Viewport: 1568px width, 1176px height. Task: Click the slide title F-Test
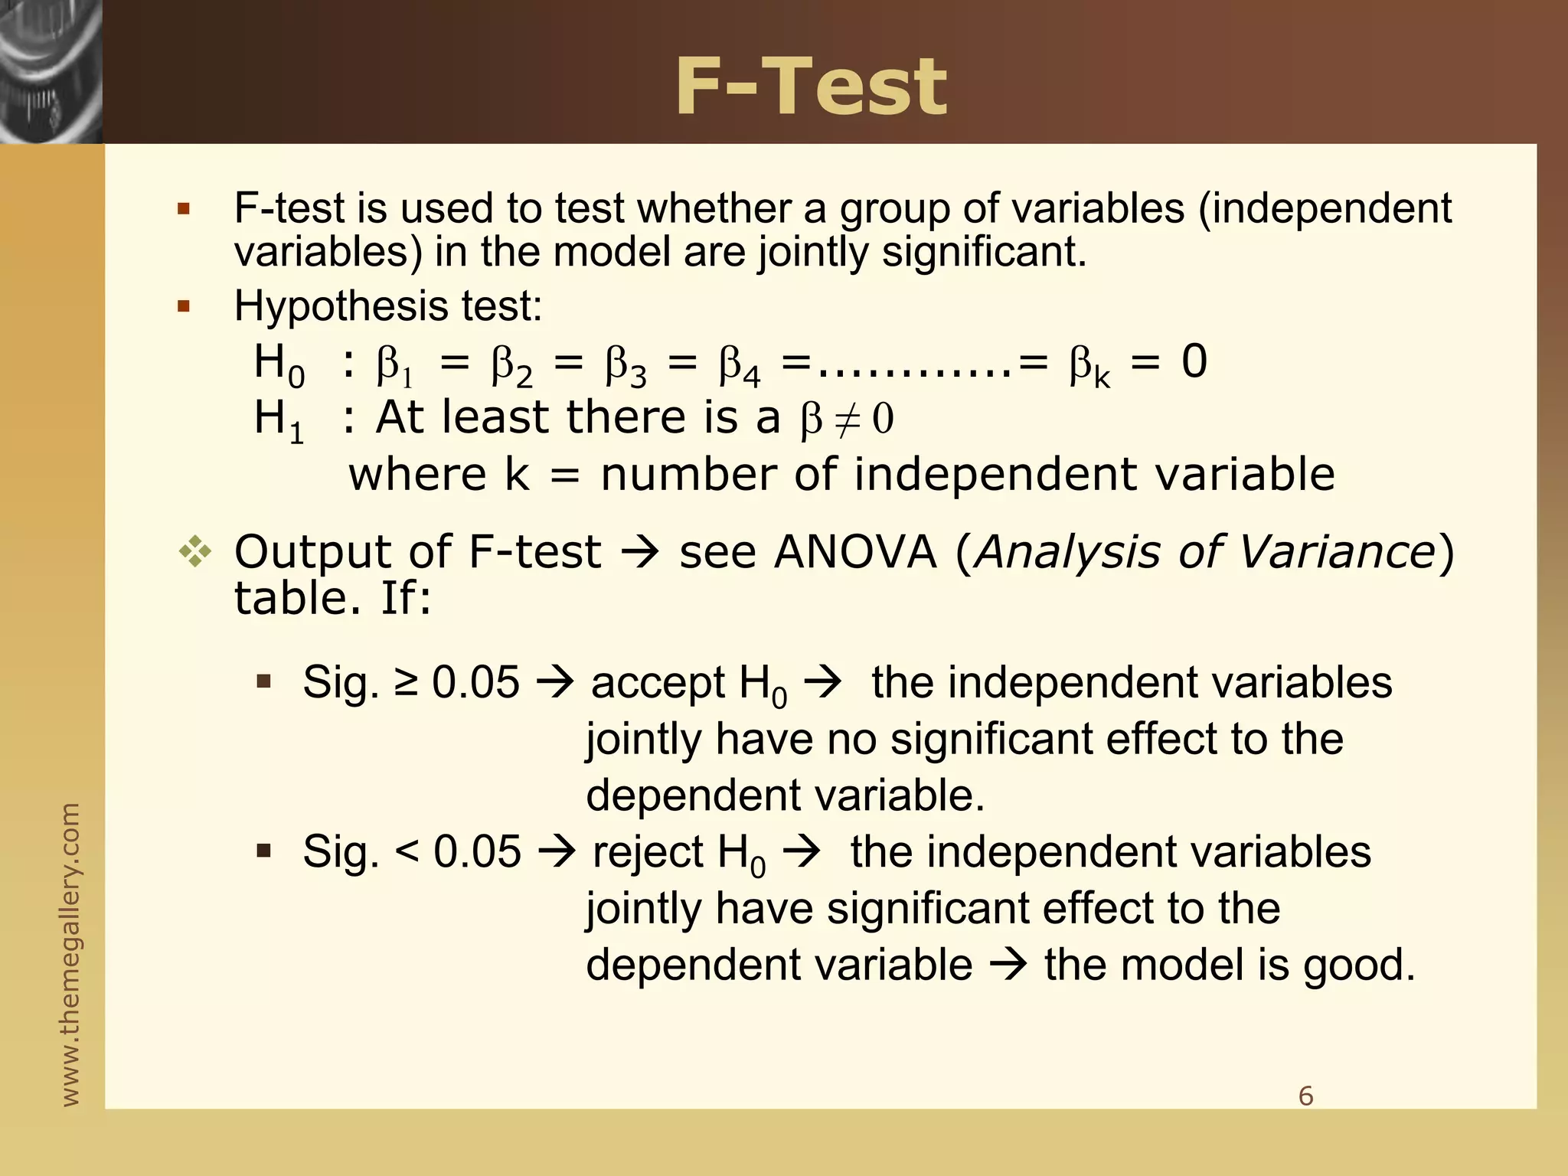[x=811, y=88]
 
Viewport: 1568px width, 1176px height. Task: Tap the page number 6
[x=1306, y=1096]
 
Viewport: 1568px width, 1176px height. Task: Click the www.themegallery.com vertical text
[x=70, y=954]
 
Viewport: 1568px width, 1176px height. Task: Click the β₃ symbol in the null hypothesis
[x=626, y=365]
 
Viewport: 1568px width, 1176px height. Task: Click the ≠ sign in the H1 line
[x=846, y=420]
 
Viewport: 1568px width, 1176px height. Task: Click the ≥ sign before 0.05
[x=407, y=682]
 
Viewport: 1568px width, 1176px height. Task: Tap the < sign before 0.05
[x=407, y=852]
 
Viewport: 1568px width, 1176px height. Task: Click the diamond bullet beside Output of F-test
[x=195, y=553]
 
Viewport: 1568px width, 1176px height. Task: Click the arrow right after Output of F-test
[x=639, y=553]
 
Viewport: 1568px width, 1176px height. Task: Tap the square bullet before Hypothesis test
[x=183, y=307]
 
